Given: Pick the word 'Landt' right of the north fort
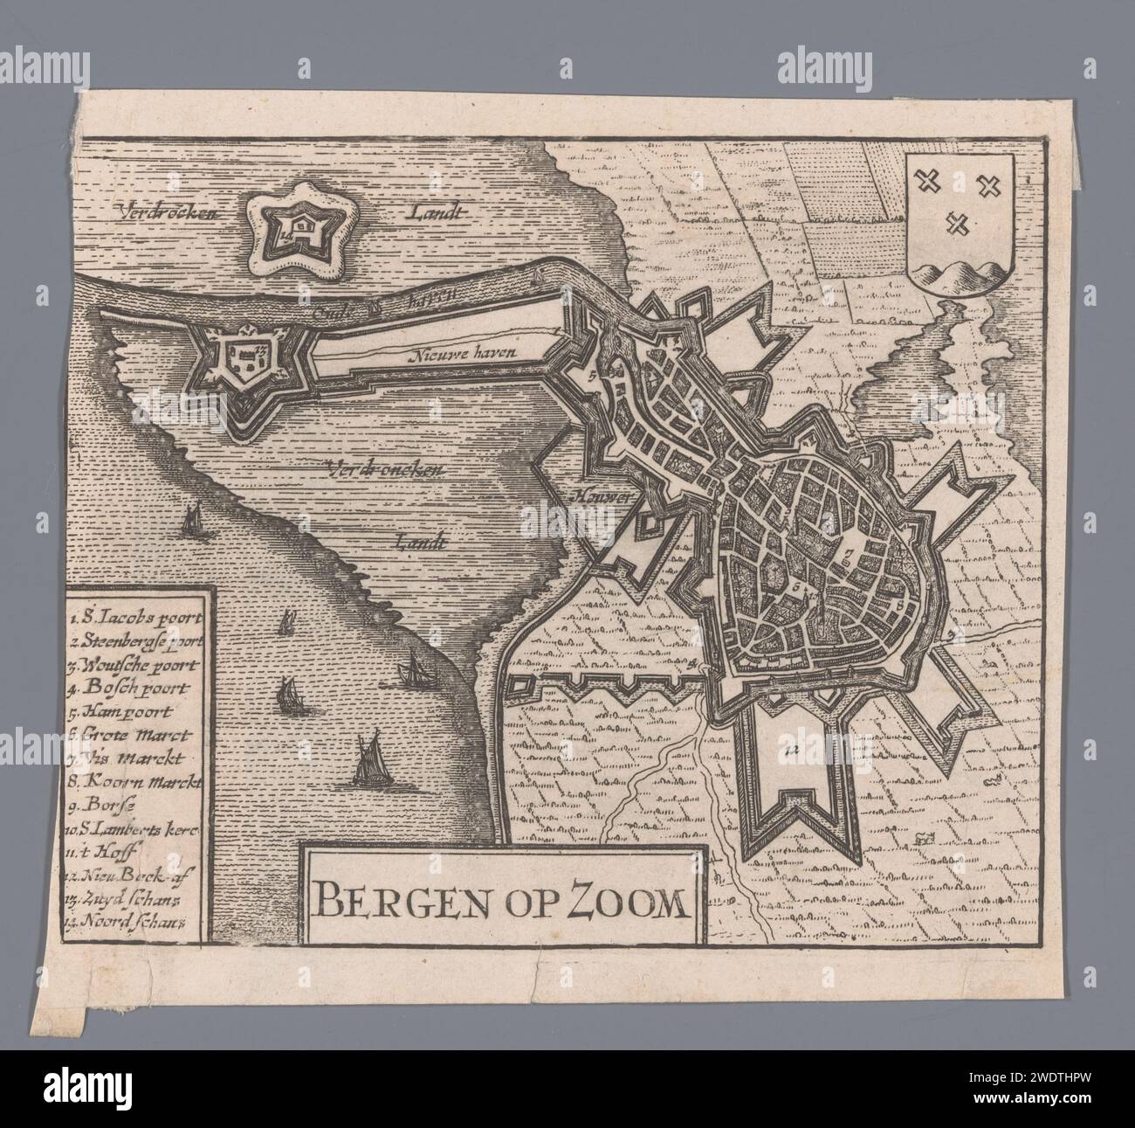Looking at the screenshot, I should tap(442, 212).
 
